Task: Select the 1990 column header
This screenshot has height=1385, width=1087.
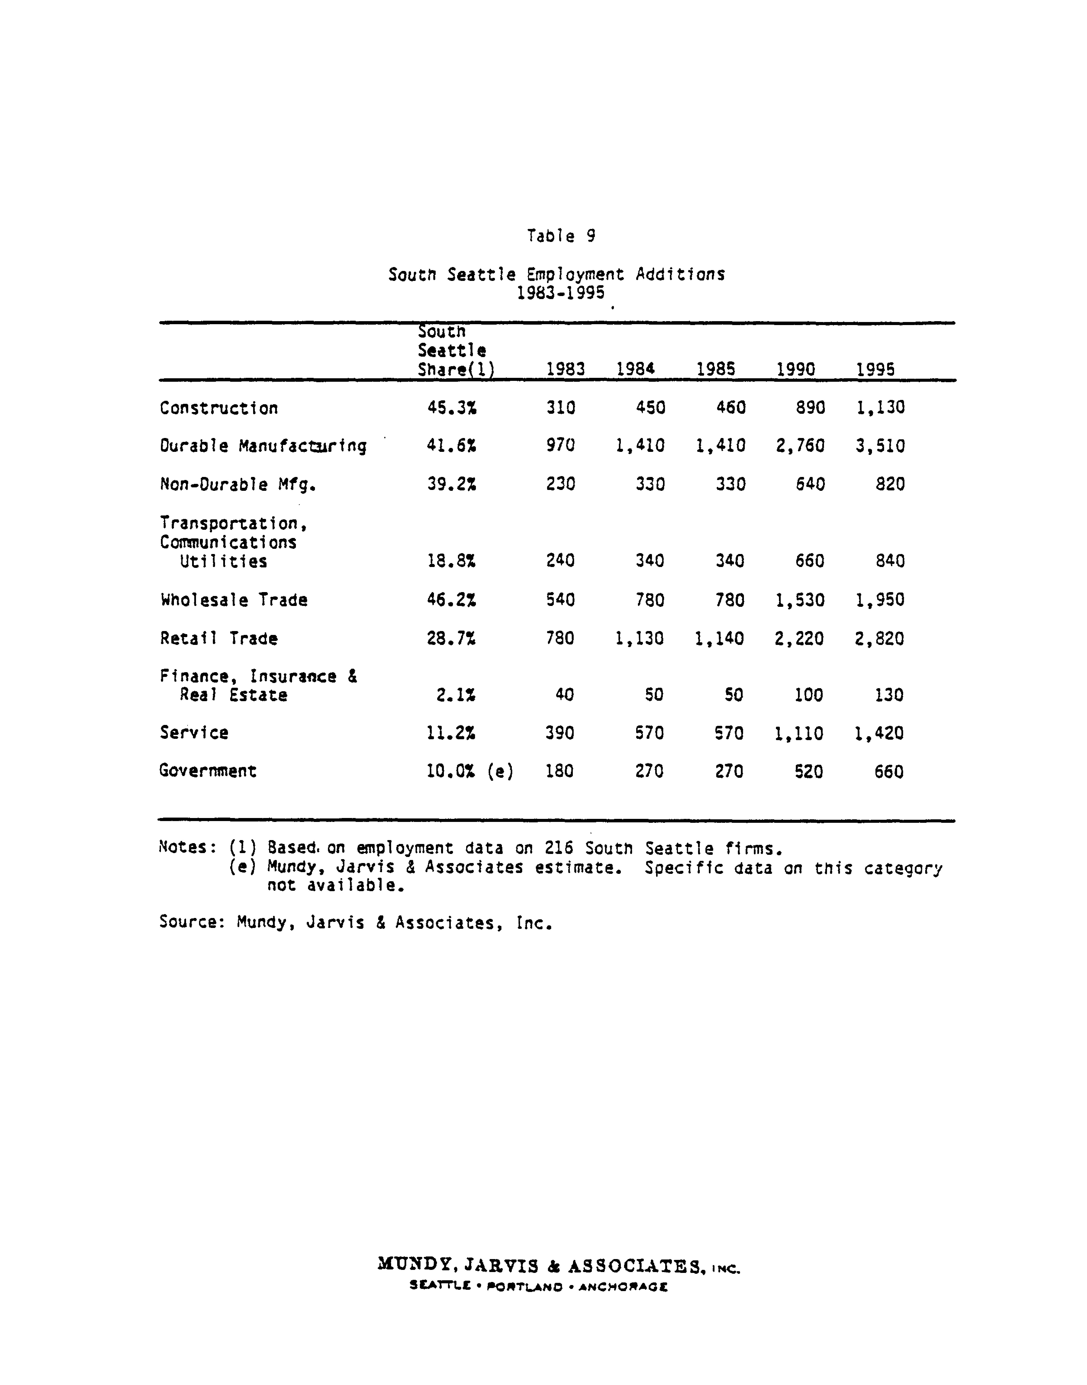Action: coord(796,369)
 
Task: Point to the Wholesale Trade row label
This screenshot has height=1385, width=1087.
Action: coord(234,600)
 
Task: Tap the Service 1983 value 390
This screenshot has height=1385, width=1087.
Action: coord(560,733)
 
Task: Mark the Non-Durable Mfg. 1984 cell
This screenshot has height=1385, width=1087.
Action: coord(650,484)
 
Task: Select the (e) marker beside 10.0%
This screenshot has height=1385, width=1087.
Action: coord(500,771)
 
